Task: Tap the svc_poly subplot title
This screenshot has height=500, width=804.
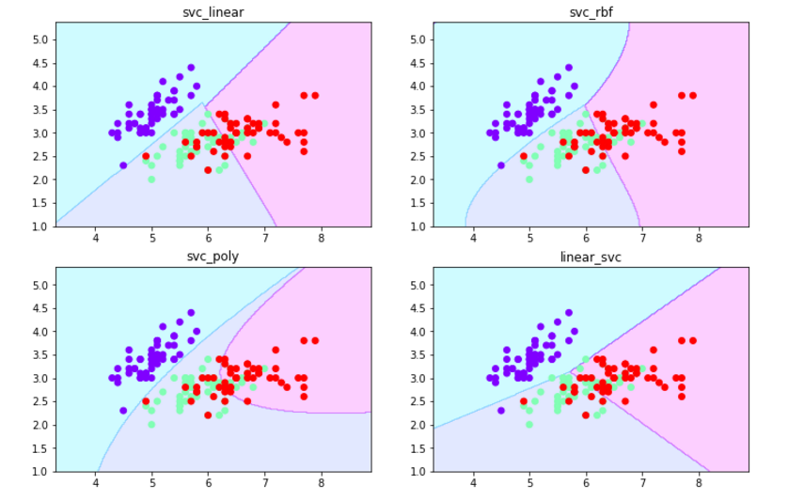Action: pos(213,258)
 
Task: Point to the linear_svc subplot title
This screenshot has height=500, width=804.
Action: pos(591,258)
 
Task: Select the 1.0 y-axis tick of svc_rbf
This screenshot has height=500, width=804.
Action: pos(417,227)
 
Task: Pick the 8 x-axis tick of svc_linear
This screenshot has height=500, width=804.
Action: pos(322,239)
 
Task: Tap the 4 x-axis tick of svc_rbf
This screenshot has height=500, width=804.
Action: pos(473,239)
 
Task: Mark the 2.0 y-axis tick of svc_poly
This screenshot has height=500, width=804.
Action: pos(39,425)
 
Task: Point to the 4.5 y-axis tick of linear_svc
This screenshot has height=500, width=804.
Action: pos(417,307)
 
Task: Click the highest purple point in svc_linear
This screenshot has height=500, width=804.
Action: pos(191,67)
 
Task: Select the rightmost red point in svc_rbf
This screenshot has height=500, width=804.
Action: pos(693,95)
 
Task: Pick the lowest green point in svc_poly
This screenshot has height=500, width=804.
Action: pos(151,424)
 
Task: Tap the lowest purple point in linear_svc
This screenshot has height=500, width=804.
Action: pos(501,410)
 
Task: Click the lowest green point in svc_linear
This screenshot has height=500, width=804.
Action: pos(151,180)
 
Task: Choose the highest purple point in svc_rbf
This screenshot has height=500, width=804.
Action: pos(569,67)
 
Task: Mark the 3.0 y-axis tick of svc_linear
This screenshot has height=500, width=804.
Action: pos(39,133)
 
